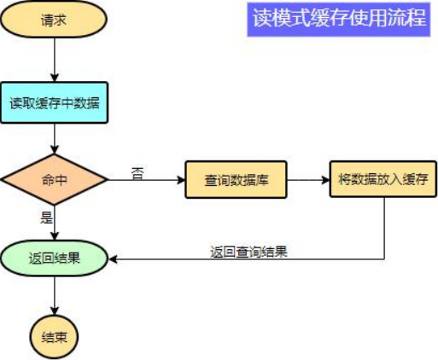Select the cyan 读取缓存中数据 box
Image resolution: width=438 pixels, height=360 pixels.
(x=54, y=103)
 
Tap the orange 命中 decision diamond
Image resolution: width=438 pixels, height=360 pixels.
(x=54, y=180)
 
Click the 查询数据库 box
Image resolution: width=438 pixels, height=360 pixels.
(x=237, y=180)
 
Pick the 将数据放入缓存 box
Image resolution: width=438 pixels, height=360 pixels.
(x=383, y=180)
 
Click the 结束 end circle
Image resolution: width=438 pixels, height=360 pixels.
(x=54, y=335)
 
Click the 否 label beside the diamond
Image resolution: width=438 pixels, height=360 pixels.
(x=137, y=172)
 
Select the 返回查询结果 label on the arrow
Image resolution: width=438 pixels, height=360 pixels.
(x=248, y=252)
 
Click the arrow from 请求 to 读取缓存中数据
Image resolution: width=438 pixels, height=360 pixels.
(x=54, y=60)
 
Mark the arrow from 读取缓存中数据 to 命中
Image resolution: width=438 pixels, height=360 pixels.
(x=54, y=138)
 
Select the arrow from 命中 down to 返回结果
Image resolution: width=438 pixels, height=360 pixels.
(x=54, y=222)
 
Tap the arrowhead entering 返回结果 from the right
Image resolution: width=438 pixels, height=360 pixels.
(x=114, y=259)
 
